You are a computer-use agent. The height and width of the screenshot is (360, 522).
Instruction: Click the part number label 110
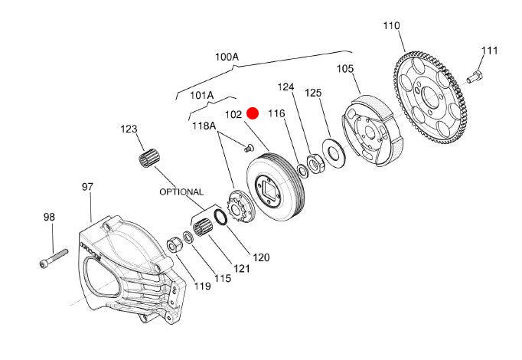click(391, 26)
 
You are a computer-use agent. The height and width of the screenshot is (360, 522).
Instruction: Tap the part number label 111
click(489, 51)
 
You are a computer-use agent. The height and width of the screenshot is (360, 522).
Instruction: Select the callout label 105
click(346, 69)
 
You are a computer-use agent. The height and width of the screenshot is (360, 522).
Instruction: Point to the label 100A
click(227, 57)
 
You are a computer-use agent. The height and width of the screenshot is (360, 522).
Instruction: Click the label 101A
click(201, 96)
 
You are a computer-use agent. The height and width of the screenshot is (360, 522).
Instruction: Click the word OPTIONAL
click(181, 191)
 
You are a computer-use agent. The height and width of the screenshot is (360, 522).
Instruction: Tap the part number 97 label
click(88, 186)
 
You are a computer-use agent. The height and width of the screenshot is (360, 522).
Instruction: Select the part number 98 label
click(49, 218)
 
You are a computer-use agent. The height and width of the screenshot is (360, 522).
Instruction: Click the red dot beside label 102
click(253, 113)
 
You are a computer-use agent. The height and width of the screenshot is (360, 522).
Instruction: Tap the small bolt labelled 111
click(473, 76)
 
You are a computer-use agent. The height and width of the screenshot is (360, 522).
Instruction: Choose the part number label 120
click(261, 257)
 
